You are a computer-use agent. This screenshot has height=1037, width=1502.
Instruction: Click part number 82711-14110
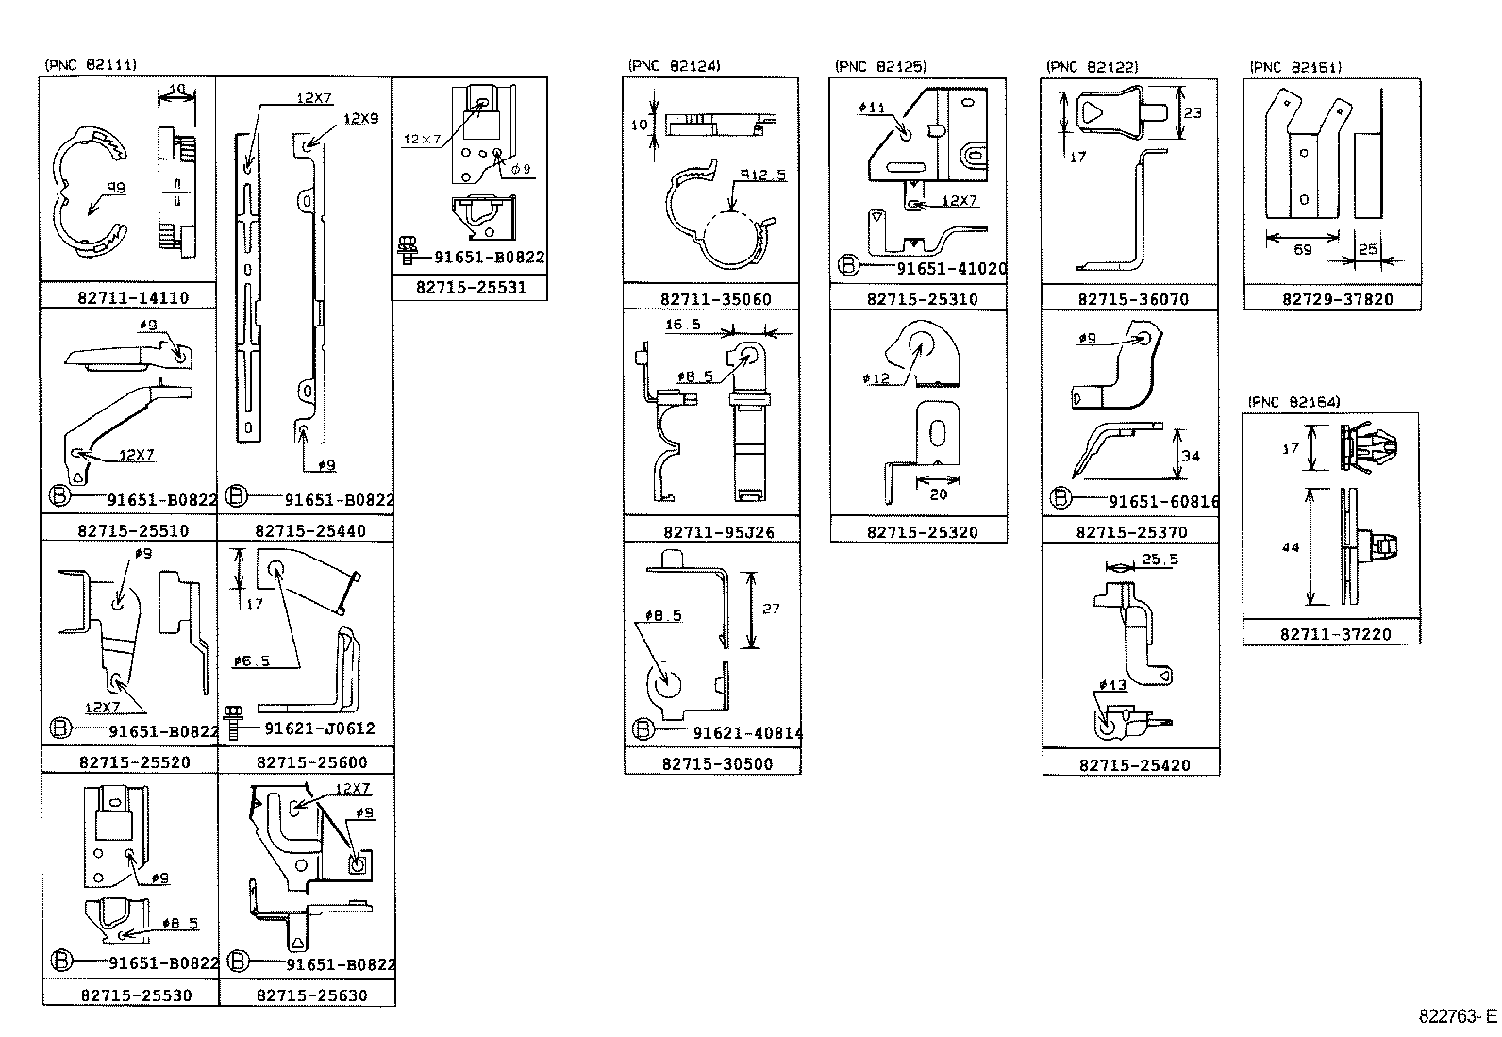(133, 297)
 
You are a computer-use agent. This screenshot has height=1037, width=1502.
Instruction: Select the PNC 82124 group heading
(674, 66)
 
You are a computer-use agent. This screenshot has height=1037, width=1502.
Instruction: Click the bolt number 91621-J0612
(320, 728)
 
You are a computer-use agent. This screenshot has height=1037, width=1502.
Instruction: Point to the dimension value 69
(1302, 250)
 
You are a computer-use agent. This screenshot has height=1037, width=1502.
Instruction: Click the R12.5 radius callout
(762, 175)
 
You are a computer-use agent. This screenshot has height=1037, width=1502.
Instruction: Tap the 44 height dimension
(1292, 547)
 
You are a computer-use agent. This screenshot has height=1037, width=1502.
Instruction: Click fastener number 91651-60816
(1163, 502)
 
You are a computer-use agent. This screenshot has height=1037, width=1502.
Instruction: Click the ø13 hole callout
(1112, 685)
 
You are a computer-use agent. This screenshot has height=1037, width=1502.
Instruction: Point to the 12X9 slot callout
(360, 119)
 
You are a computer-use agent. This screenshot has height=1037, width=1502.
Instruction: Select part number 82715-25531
(471, 287)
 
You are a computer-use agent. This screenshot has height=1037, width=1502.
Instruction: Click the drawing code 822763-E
(1457, 1016)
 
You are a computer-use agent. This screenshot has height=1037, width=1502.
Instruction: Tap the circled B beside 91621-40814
(643, 729)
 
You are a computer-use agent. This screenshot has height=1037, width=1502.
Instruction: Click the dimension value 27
(771, 609)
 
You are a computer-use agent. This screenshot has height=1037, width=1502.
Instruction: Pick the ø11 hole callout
(872, 108)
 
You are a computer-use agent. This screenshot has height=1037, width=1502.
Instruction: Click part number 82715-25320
(922, 532)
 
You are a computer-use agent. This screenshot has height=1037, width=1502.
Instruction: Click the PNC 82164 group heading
(1293, 402)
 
